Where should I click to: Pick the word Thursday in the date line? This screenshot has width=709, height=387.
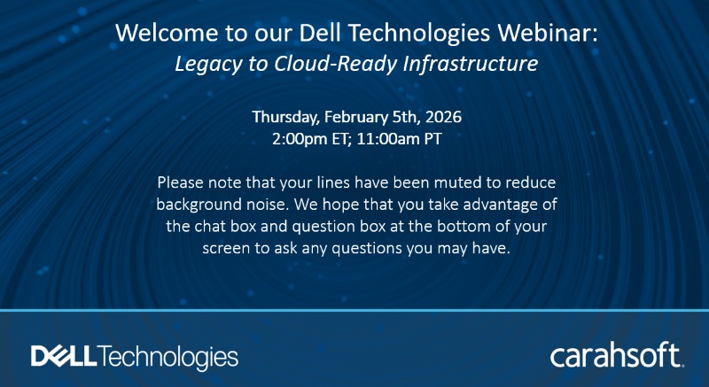[x=284, y=117]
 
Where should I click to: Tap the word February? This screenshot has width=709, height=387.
[x=357, y=117]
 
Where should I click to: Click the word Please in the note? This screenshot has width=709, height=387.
[x=181, y=182]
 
